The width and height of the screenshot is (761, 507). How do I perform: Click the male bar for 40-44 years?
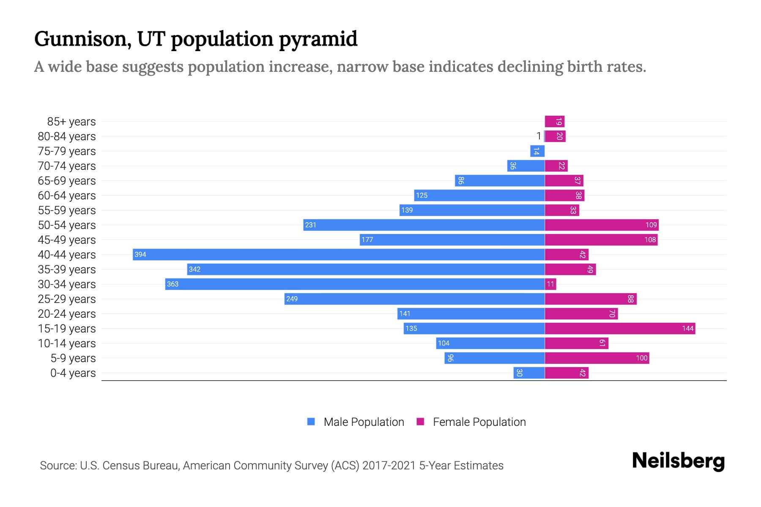(x=338, y=254)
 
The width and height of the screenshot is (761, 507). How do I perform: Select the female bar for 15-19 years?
(x=620, y=328)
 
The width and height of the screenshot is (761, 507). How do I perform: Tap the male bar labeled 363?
(x=355, y=284)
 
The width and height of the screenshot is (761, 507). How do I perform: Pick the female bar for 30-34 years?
(x=550, y=284)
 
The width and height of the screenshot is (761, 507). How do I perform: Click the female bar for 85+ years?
(x=554, y=122)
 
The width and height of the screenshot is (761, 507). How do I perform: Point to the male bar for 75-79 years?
(x=537, y=151)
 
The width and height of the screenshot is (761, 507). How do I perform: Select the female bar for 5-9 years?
(x=597, y=358)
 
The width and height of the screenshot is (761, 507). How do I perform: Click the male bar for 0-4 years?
(x=529, y=373)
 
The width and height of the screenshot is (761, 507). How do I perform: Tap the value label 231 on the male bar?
(x=311, y=225)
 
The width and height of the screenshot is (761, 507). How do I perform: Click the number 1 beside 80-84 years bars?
(x=539, y=136)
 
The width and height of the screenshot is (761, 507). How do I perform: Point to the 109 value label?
(x=651, y=225)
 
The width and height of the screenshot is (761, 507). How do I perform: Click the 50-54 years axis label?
(x=67, y=225)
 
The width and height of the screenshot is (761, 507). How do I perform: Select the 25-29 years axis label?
(x=67, y=299)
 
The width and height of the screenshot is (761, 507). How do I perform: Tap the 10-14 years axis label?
(x=67, y=343)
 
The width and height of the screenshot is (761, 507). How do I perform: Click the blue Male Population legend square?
(x=311, y=422)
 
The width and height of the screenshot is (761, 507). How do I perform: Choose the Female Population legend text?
(x=479, y=422)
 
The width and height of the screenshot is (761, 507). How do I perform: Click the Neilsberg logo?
(x=678, y=461)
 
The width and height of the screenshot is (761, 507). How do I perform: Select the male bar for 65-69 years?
(x=499, y=181)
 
